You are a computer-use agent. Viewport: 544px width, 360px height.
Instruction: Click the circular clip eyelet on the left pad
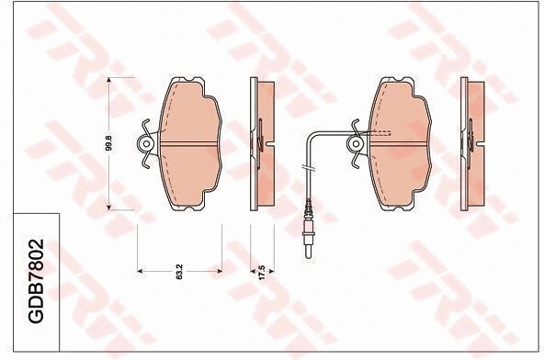pos(146,143)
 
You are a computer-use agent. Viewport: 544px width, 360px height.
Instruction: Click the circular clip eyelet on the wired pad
pos(354,143)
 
